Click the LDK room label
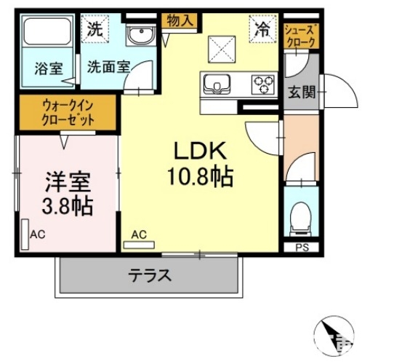tap(201, 151)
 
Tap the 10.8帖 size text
tap(201, 176)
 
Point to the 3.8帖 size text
tap(66, 205)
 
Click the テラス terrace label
tap(150, 276)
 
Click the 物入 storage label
tap(180, 20)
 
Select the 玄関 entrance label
tap(300, 93)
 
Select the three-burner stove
tap(262, 84)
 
